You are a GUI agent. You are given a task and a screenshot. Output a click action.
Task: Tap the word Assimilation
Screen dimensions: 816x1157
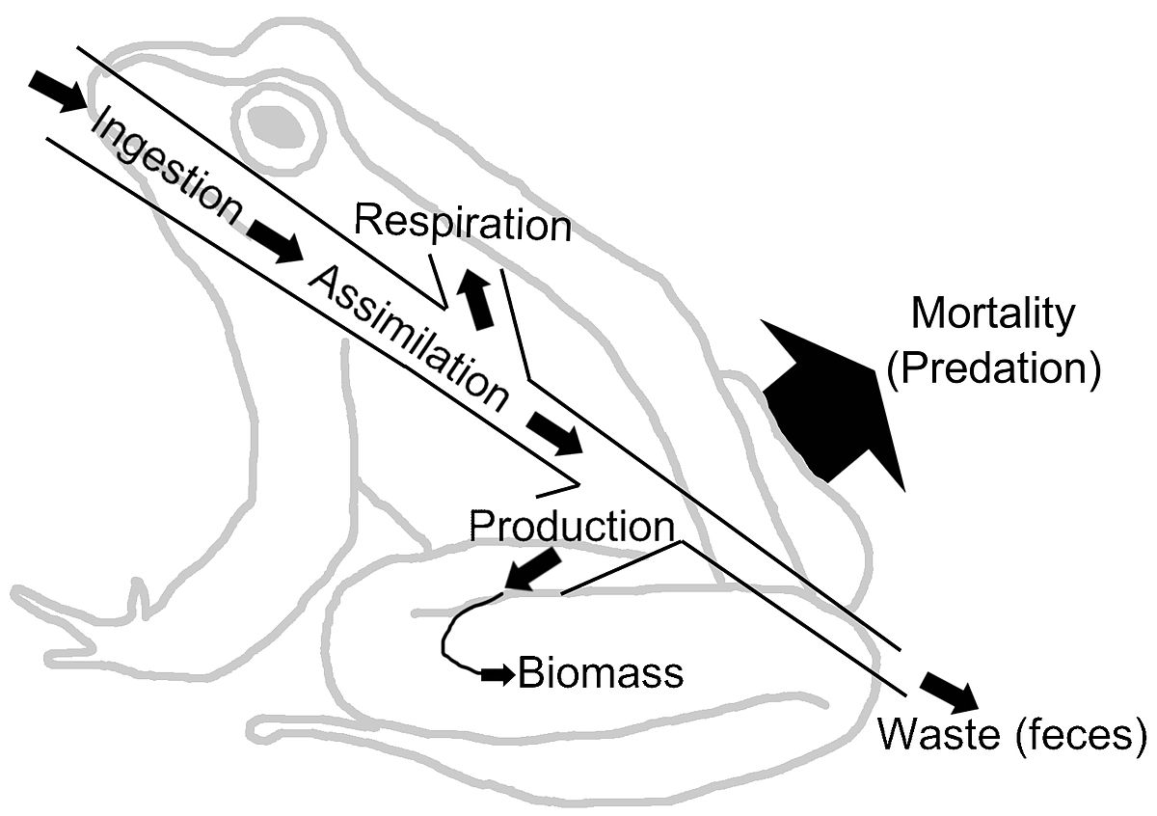(408, 338)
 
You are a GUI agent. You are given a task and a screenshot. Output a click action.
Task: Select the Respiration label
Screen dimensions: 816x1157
(462, 223)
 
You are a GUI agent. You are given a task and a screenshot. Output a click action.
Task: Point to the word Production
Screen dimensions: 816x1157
(570, 527)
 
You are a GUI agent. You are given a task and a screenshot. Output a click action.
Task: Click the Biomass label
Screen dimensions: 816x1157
(600, 673)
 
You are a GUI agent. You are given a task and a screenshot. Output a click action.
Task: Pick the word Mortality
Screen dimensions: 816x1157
(992, 314)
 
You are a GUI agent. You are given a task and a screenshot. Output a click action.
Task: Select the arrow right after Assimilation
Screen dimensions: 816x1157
(554, 433)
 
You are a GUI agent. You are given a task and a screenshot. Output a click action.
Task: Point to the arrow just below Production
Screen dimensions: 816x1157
(532, 569)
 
